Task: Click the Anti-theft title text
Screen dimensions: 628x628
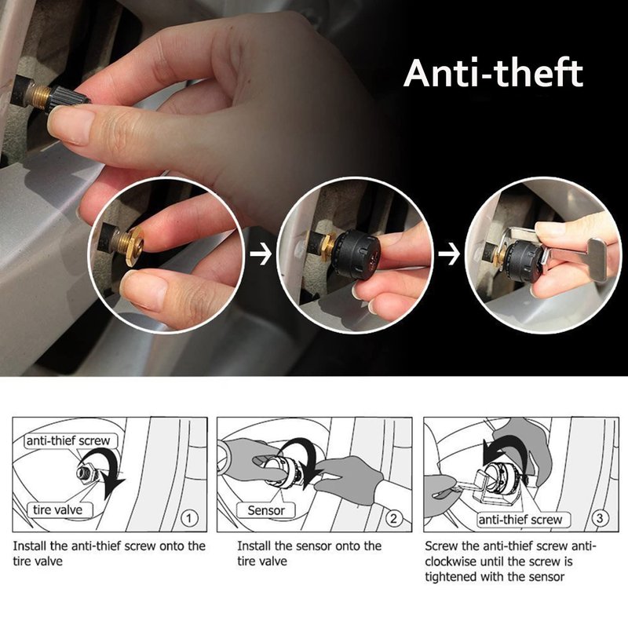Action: coord(494,73)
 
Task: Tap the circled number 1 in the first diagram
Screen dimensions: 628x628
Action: coord(189,519)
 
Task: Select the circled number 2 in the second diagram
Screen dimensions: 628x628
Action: coord(394,519)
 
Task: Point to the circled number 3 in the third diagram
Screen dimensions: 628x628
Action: coord(600,518)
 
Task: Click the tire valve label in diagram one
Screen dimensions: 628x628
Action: coord(57,509)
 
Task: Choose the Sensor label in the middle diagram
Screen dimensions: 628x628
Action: coord(266,510)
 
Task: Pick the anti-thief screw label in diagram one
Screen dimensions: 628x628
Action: coord(68,440)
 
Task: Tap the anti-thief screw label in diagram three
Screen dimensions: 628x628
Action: coord(520,520)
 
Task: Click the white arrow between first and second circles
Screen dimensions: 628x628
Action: coord(261,253)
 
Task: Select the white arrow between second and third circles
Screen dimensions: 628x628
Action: coord(449,253)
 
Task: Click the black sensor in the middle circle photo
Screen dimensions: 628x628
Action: coord(356,253)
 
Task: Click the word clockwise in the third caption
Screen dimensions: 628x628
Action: coord(451,561)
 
